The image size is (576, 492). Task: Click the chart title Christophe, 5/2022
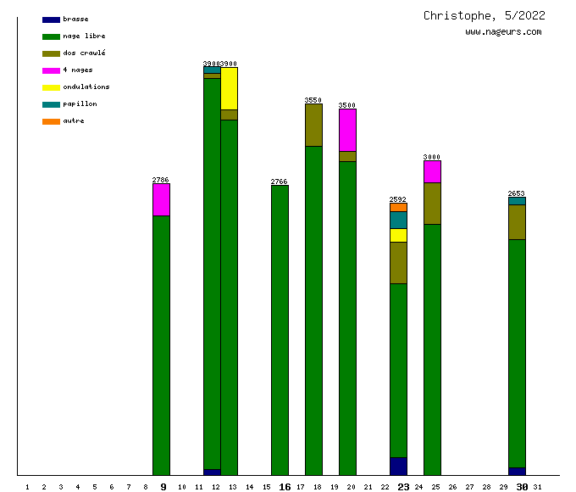pyautogui.click(x=484, y=15)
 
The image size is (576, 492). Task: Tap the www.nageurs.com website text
pyautogui.click(x=502, y=32)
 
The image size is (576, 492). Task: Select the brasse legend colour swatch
pyautogui.click(x=51, y=20)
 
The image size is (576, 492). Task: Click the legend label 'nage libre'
pyautogui.click(x=84, y=36)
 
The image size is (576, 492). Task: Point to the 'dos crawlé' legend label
pyautogui.click(x=84, y=53)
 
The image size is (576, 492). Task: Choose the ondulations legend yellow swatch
pyautogui.click(x=51, y=87)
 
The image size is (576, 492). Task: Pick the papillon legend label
pyautogui.click(x=80, y=104)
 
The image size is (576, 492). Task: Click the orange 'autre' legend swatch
pyautogui.click(x=51, y=121)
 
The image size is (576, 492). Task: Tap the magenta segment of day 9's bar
pyautogui.click(x=161, y=199)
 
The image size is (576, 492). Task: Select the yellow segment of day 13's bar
pyautogui.click(x=229, y=88)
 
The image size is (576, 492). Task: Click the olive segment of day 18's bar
pyautogui.click(x=313, y=125)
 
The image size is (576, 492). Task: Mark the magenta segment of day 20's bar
pyautogui.click(x=347, y=130)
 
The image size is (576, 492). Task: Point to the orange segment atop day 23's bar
pyautogui.click(x=398, y=207)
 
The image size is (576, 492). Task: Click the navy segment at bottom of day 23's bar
pyautogui.click(x=398, y=466)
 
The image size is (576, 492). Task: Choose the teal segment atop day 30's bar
pyautogui.click(x=517, y=201)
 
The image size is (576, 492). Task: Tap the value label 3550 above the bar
pyautogui.click(x=313, y=100)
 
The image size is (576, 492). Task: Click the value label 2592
pyautogui.click(x=398, y=199)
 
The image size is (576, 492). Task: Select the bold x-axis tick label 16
pyautogui.click(x=285, y=487)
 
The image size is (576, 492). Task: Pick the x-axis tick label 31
pyautogui.click(x=538, y=487)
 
